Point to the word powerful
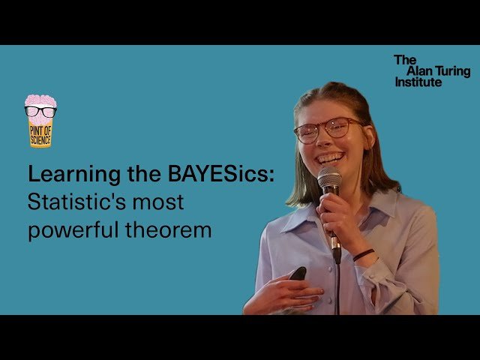coord(69,229)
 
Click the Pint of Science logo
coord(40,121)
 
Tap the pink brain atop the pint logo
coord(40,101)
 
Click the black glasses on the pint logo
coord(40,111)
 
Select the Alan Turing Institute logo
coord(432,70)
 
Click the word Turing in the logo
coord(452,70)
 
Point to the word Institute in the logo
coord(418,82)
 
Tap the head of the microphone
coord(329,180)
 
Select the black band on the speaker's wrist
coord(364,254)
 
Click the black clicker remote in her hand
coord(298,274)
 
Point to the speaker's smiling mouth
coord(331,158)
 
